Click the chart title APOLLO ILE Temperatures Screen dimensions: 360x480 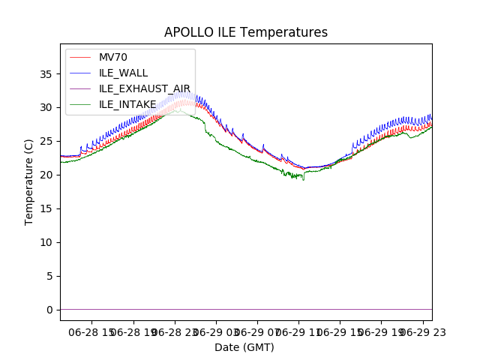(246, 33)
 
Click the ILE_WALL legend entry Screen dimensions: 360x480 (123, 73)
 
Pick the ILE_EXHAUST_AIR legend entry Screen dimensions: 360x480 (145, 88)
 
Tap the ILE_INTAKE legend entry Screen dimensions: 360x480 (127, 104)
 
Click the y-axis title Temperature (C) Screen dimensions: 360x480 (29, 181)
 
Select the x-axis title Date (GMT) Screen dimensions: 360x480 (244, 347)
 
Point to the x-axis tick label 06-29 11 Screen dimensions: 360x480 (298, 331)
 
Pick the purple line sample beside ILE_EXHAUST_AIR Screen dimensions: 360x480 (82, 88)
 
